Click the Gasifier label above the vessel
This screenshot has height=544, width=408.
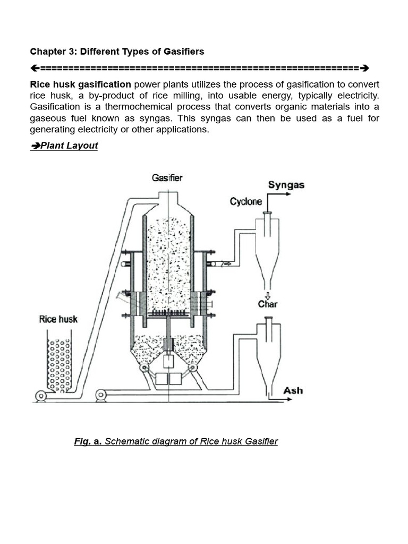click(x=167, y=178)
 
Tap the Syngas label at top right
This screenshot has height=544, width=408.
click(x=286, y=185)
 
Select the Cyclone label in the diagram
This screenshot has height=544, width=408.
click(x=246, y=202)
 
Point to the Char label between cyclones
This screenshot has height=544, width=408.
click(x=268, y=304)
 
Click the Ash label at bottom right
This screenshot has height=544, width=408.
click(x=293, y=390)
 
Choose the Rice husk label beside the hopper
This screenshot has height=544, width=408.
click(x=58, y=319)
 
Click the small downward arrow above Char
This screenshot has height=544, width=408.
click(x=267, y=295)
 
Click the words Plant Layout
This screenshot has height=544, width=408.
click(x=69, y=146)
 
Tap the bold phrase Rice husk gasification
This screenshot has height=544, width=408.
click(x=80, y=84)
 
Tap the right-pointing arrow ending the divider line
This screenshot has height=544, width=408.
click(x=364, y=68)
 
